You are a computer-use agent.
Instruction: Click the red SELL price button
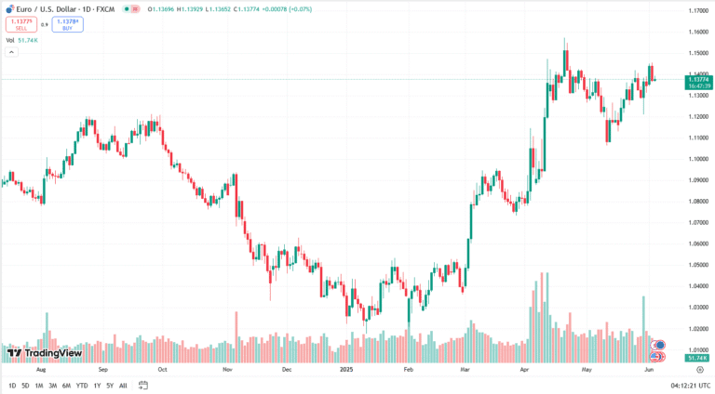click(x=21, y=24)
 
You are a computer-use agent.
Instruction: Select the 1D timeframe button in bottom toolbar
click(x=12, y=385)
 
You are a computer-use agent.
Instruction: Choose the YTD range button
click(x=82, y=385)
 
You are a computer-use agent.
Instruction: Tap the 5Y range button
click(x=110, y=385)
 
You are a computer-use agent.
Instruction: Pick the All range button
click(x=123, y=385)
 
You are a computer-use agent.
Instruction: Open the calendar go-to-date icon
click(x=144, y=385)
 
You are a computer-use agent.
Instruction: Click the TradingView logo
click(x=44, y=353)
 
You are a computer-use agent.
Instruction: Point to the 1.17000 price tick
click(x=698, y=11)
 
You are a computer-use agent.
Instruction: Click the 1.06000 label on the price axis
click(x=698, y=243)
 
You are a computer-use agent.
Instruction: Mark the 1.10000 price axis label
click(x=698, y=159)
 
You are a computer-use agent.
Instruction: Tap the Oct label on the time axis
click(x=162, y=369)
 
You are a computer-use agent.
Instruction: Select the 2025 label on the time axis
click(x=346, y=369)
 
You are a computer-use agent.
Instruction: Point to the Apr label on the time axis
click(x=523, y=369)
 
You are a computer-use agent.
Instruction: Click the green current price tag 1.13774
click(x=697, y=82)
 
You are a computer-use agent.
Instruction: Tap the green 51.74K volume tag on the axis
click(x=697, y=358)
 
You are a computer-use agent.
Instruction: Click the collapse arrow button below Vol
click(x=11, y=52)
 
